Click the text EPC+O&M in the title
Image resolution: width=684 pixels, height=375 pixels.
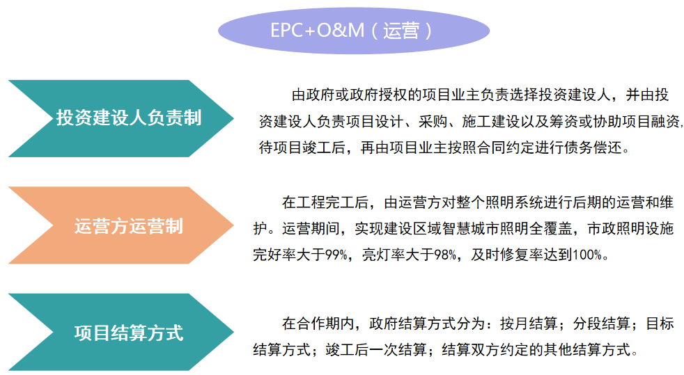coord(317,31)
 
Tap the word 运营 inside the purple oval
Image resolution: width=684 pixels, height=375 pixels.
coord(401,31)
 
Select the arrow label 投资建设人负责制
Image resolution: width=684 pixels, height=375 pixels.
coord(129,118)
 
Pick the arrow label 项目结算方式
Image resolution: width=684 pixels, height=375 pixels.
coord(129,333)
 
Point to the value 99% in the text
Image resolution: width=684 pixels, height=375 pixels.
coord(336,255)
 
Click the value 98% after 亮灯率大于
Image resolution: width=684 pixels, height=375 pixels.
coord(445,255)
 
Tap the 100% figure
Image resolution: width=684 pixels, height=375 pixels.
coord(587,255)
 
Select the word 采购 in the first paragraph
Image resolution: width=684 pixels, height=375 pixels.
coord(433,122)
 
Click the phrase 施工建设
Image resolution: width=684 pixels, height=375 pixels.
coord(490,122)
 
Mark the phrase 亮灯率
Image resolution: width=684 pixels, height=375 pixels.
coord(383,255)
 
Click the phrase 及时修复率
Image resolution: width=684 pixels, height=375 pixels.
coord(507,255)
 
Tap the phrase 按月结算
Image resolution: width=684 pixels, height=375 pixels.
coord(529,324)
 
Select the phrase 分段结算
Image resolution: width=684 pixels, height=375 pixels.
coord(602,324)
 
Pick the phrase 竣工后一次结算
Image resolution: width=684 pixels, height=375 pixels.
coord(376,350)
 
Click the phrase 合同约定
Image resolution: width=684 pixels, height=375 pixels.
coord(506,147)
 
